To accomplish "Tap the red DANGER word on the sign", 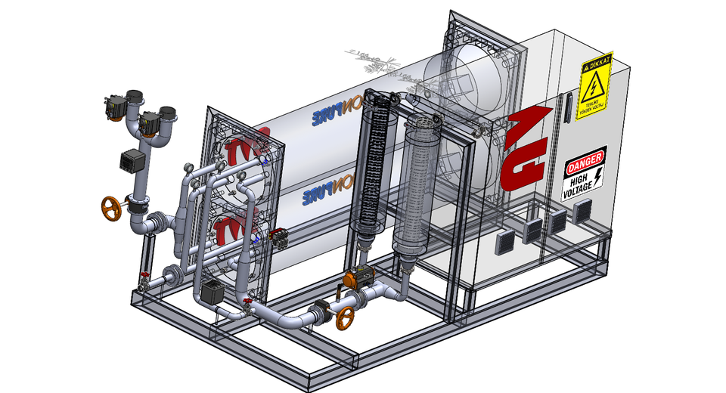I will pyautogui.click(x=585, y=159).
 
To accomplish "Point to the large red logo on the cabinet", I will pyautogui.click(x=528, y=148).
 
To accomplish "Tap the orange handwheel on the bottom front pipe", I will pyautogui.click(x=346, y=318).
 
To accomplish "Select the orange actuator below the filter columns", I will pyautogui.click(x=356, y=279).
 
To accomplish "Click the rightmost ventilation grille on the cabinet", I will pyautogui.click(x=581, y=215).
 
